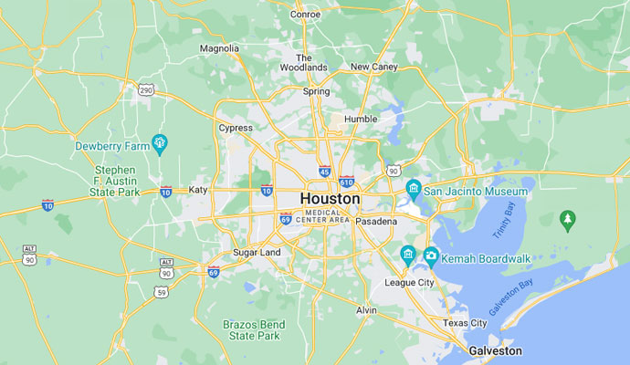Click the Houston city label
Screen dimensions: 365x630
click(330, 198)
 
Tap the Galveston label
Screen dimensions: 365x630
click(495, 350)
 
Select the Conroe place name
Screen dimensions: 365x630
click(305, 14)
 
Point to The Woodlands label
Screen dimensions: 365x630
click(303, 62)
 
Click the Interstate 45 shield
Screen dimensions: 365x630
click(325, 171)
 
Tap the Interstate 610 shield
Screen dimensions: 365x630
click(346, 182)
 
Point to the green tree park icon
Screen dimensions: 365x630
click(568, 218)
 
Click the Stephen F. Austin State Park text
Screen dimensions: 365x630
click(115, 181)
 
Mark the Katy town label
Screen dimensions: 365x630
click(198, 190)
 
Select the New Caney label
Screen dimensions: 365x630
click(374, 67)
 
